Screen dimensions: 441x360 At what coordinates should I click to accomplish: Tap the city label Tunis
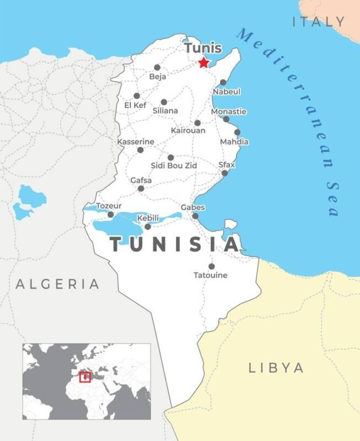coord(203,48)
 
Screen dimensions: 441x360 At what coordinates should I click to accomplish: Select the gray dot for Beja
coord(157,67)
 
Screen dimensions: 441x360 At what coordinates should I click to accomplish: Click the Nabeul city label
coord(227,92)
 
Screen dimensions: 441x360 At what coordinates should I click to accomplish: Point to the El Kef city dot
coord(137,95)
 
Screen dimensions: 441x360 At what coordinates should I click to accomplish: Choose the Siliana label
coord(165,111)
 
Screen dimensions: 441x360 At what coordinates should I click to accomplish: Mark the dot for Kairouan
coord(197,123)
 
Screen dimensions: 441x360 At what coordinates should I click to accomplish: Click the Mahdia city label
coord(234,142)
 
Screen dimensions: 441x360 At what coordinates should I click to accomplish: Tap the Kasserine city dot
coord(140,150)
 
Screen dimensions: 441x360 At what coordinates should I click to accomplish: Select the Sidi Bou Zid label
coord(174,165)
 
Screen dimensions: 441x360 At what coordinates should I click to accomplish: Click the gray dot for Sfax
coord(224,173)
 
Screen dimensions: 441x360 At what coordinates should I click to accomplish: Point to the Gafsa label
coord(141,180)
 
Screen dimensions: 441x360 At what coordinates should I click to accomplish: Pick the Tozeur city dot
coord(110,214)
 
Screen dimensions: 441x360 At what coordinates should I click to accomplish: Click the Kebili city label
coord(148,218)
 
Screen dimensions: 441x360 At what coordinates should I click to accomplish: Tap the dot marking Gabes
coord(195,216)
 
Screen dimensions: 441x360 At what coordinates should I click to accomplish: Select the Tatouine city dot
coord(211,266)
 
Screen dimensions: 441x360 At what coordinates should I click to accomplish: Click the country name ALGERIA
coord(58,284)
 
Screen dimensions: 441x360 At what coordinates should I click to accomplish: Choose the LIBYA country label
coord(276,368)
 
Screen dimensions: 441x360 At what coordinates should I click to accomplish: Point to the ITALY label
coord(319,22)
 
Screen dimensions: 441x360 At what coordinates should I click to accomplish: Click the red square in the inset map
coord(84,377)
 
